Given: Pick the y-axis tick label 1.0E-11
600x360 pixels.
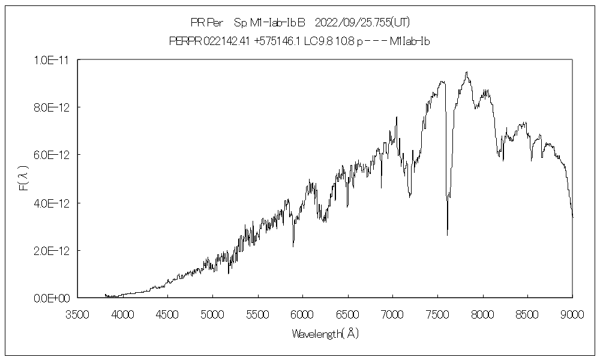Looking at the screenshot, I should click(53, 59).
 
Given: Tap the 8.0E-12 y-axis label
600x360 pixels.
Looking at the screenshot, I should click(53, 107).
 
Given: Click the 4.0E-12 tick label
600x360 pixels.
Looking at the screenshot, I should click(53, 203).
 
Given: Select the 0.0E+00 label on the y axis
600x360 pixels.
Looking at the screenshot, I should click(53, 298).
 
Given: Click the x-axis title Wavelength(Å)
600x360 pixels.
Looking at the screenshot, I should click(325, 334).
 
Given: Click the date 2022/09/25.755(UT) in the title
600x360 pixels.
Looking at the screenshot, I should click(362, 23).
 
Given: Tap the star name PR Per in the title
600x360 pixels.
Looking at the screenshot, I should click(206, 23).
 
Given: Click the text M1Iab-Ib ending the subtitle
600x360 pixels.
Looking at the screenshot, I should click(410, 41).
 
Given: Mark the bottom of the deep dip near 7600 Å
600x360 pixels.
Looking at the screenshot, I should click(447, 235).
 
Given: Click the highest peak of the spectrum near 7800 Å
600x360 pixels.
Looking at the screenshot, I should click(466, 72).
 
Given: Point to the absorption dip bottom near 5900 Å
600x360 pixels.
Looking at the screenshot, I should click(293, 246).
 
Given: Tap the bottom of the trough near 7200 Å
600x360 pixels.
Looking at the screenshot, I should click(410, 196).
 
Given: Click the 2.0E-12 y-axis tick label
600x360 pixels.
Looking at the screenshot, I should click(53, 250).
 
